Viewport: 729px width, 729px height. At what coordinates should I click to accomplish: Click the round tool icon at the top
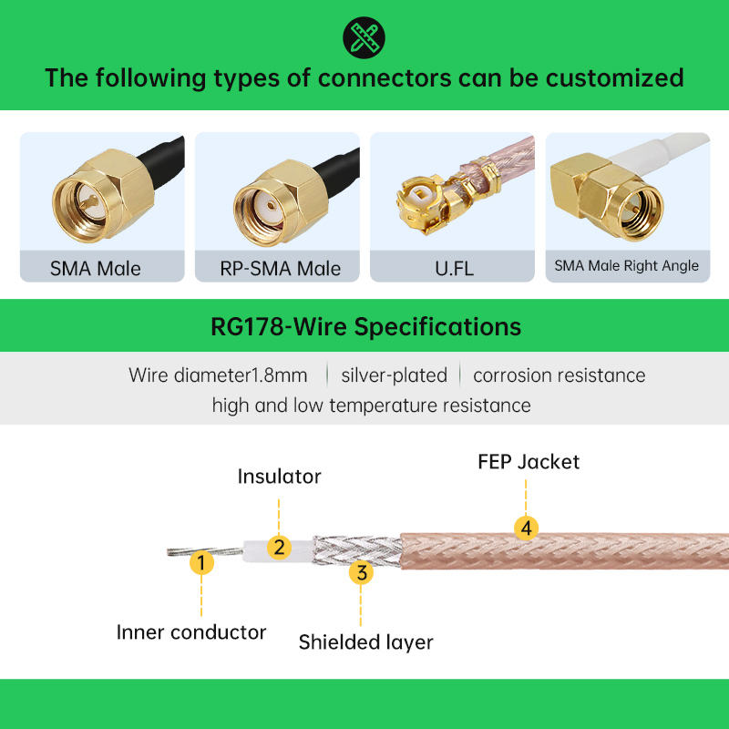[364, 36]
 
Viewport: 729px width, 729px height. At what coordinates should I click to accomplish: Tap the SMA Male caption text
[96, 269]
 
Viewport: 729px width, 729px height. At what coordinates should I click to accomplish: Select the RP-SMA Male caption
[281, 269]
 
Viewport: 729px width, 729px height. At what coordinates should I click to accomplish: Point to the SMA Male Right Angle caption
[627, 266]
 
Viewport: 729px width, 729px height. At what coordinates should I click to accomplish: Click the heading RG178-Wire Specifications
[364, 326]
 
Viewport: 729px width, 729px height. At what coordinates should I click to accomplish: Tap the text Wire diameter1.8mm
[218, 375]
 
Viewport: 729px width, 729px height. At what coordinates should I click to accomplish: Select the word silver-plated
[394, 375]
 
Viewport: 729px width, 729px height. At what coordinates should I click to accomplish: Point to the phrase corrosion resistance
[559, 375]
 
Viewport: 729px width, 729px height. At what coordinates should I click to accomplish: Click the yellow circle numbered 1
[202, 561]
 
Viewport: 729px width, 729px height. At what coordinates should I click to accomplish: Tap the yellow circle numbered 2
[280, 547]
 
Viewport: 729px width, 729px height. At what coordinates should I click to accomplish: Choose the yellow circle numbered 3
[362, 572]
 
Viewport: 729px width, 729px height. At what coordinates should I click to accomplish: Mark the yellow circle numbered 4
[525, 527]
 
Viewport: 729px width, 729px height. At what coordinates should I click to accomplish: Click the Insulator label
[279, 477]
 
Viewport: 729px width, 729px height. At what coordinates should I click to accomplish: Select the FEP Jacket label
[529, 461]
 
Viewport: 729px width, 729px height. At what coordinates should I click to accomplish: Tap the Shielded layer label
[365, 642]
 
